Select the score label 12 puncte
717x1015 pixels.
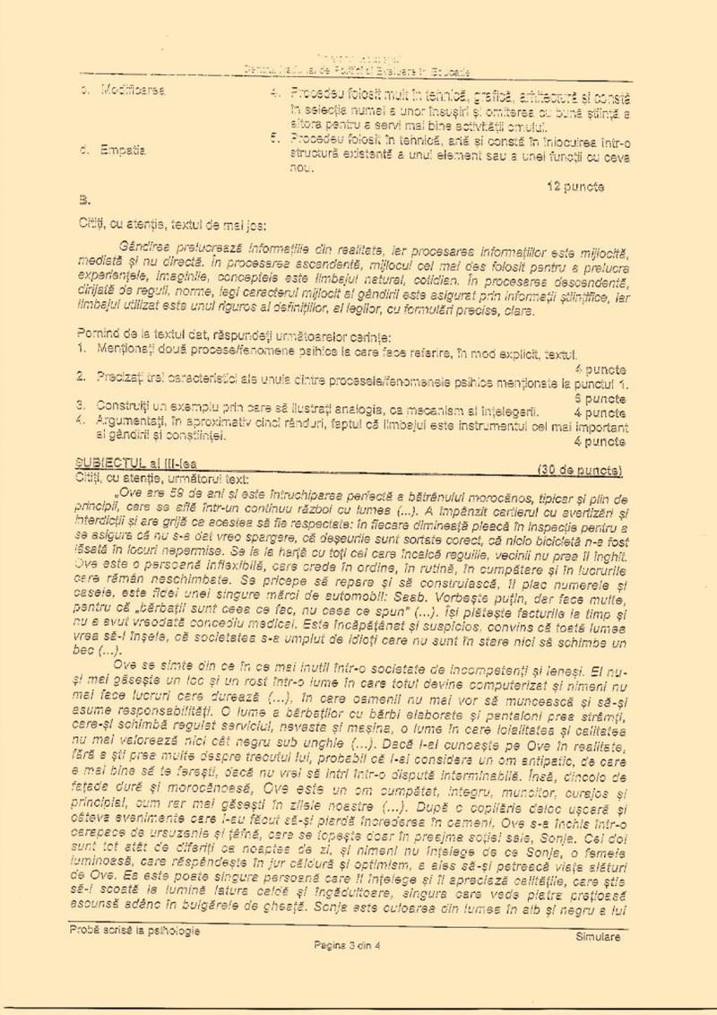pos(574,187)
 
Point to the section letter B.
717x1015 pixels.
pos(84,200)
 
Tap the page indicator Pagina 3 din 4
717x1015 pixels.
pos(347,946)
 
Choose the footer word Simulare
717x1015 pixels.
pos(598,937)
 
